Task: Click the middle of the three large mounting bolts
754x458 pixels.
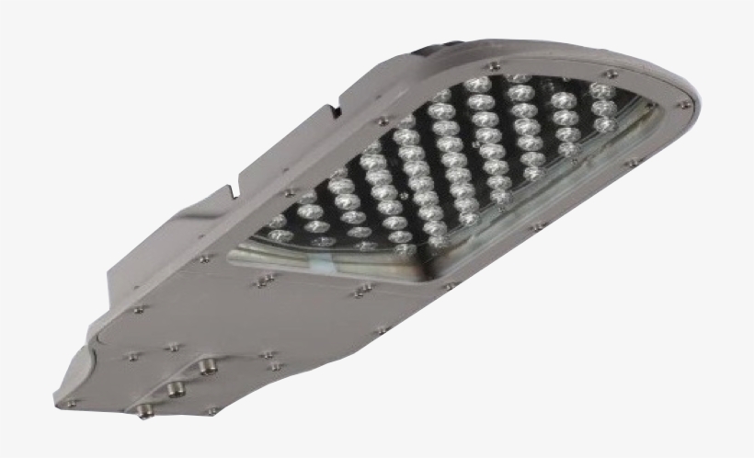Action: [x=174, y=387]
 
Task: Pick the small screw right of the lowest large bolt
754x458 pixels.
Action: [x=211, y=410]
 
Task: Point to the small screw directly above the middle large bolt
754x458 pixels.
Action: [x=171, y=348]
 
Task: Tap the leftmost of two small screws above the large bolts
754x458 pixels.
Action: [x=134, y=355]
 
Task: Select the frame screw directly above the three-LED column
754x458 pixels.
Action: [x=610, y=71]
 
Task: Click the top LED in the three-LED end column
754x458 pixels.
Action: [x=601, y=91]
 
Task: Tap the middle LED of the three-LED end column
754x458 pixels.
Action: [x=604, y=109]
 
